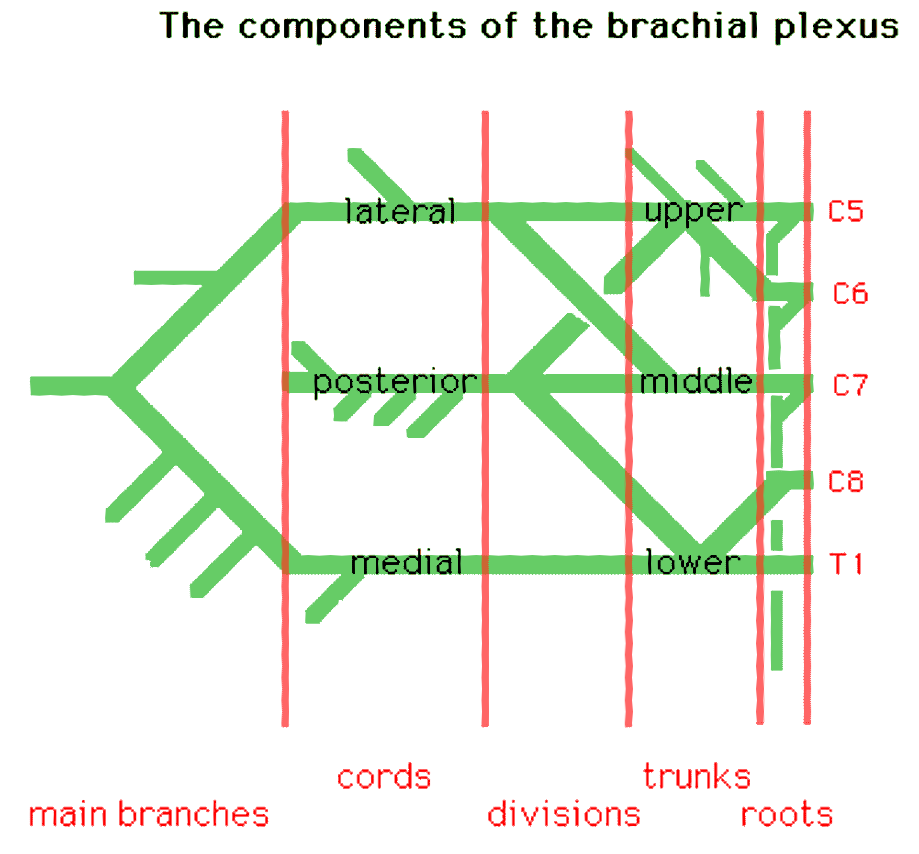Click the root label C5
pos(846,211)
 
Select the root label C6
pos(850,294)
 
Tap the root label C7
pos(850,385)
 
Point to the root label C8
pos(846,481)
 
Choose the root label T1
pos(846,564)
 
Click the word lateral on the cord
pos(400,212)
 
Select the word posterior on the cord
pos(395,383)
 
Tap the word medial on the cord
pos(406,562)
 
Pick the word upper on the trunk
pos(694,211)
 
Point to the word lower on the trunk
pos(693,562)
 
